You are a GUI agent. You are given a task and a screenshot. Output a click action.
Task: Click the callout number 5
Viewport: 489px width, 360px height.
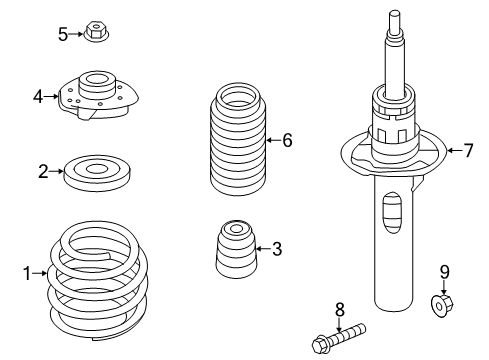coord(63,34)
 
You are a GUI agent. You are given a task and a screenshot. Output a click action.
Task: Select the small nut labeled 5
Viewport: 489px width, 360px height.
coord(96,32)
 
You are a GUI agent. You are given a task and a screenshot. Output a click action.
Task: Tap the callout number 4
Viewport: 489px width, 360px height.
coord(38,97)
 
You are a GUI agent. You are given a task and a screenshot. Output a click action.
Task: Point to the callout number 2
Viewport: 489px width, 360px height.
coord(43,172)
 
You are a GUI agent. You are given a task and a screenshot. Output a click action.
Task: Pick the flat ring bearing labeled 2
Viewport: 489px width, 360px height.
coord(97,173)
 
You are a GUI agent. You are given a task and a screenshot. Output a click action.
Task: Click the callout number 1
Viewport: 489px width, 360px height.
coord(27,274)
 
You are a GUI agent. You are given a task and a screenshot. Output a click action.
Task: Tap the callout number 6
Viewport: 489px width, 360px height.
coord(287,140)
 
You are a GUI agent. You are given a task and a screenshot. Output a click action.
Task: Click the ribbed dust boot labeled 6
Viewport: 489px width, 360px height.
coord(238,139)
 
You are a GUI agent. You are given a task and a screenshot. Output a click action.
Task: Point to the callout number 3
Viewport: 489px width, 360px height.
coord(277,249)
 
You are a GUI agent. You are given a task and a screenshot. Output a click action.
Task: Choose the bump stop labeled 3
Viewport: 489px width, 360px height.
coord(236,249)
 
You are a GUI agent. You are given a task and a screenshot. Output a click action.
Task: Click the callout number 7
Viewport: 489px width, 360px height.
coord(468,151)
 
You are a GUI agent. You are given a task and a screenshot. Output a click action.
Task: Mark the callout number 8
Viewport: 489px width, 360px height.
coord(339,310)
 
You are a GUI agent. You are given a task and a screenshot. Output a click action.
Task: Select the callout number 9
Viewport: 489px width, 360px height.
coord(444,272)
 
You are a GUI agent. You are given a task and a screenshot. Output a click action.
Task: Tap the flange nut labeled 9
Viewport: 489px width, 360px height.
coord(442,301)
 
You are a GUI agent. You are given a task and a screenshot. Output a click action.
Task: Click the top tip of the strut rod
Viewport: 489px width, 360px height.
coord(395,12)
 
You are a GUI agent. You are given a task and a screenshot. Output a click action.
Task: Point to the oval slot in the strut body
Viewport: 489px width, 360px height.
coord(393,213)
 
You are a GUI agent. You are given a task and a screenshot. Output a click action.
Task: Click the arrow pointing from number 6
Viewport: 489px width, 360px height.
coord(274,140)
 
